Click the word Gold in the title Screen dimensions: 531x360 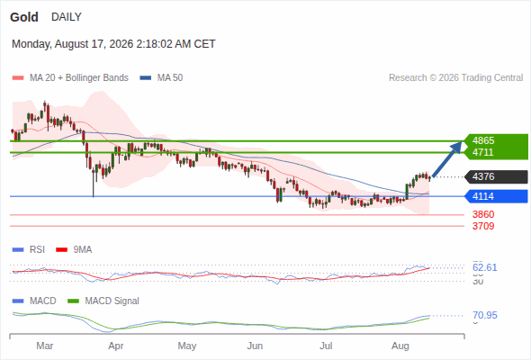(x=24, y=17)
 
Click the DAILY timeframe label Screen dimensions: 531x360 (x=67, y=17)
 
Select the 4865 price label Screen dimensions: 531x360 (x=483, y=140)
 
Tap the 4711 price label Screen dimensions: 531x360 (x=483, y=152)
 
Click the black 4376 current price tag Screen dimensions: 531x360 (x=496, y=176)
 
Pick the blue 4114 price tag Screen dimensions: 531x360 (x=496, y=196)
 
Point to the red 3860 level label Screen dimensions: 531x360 (x=483, y=214)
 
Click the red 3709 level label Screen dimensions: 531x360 (x=483, y=226)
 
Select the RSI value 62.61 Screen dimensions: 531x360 (x=485, y=267)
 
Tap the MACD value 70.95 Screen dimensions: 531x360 (x=485, y=315)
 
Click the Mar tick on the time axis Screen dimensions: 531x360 (x=45, y=346)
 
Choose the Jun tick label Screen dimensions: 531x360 (x=255, y=346)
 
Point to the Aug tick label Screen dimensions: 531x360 (x=400, y=346)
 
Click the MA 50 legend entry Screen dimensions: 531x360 (x=161, y=78)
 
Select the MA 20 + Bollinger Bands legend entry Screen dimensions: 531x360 (x=70, y=78)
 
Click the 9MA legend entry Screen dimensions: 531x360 (x=74, y=249)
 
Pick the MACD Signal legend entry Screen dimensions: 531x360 (x=103, y=301)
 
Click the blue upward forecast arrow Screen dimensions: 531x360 (x=447, y=159)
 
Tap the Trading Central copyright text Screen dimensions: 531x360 (x=455, y=78)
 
